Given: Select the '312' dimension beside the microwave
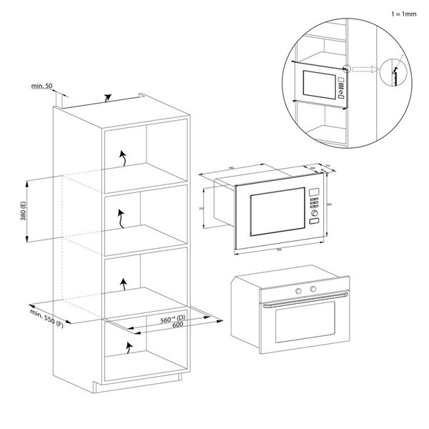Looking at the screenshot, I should click(203, 209).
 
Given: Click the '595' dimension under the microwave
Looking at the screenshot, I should click(277, 250).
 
